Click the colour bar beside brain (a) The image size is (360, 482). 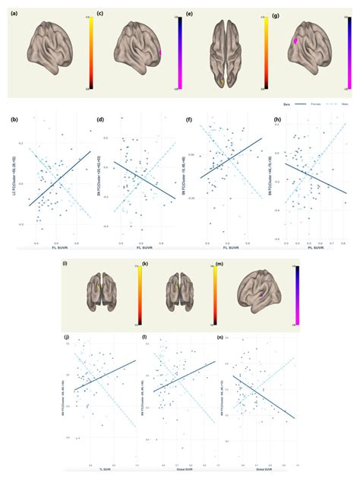(x=90, y=51)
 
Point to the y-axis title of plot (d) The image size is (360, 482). (x=98, y=182)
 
